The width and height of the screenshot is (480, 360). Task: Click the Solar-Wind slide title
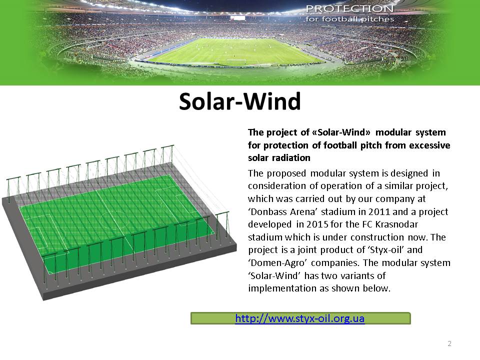click(240, 101)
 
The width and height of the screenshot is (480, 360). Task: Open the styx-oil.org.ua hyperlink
click(299, 318)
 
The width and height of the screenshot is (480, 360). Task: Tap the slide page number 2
click(449, 343)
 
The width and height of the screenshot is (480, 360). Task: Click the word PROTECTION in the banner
click(350, 8)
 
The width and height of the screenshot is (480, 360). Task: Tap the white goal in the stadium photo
click(236, 61)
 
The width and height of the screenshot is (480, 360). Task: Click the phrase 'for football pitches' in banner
click(349, 19)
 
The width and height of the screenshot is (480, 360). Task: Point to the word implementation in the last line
click(277, 288)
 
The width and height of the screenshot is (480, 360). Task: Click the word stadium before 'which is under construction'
click(265, 237)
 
